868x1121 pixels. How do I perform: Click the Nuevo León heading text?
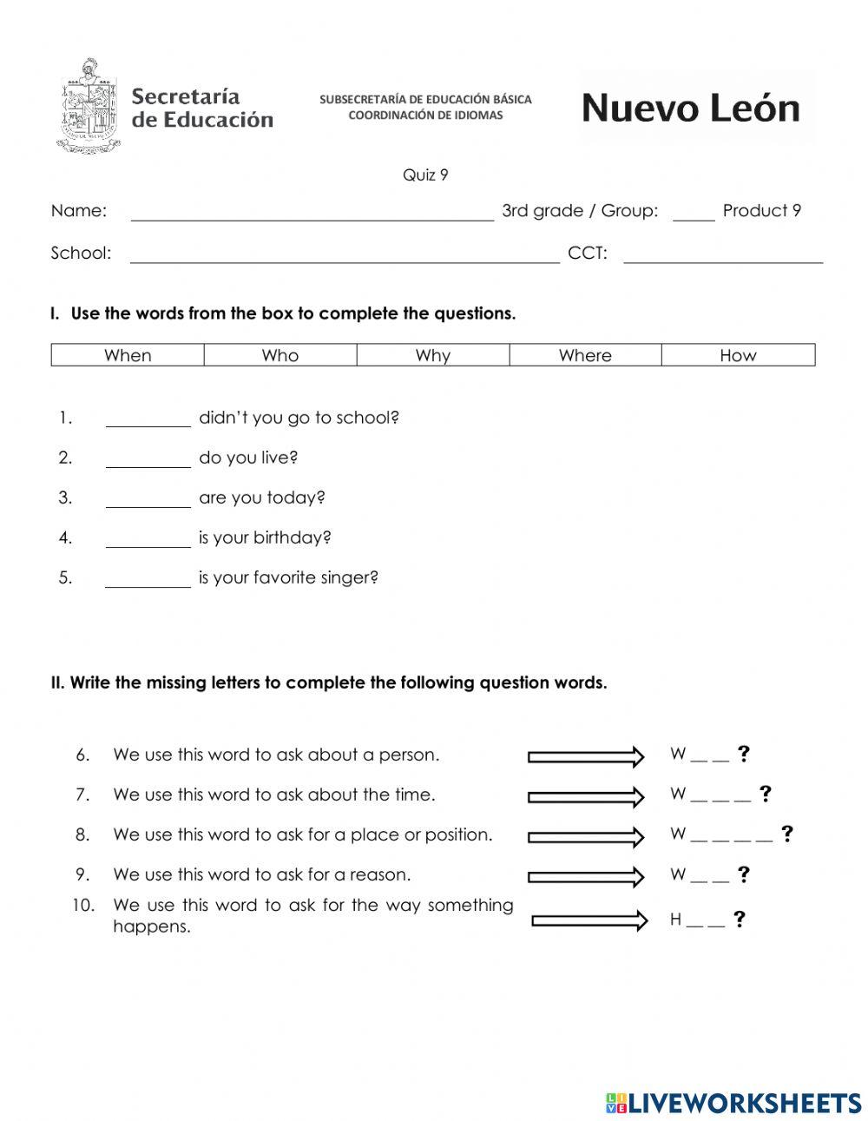[x=690, y=109]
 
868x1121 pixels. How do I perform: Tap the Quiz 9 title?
[x=425, y=175]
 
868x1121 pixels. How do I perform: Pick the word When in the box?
[x=128, y=355]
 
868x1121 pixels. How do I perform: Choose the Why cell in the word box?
[x=432, y=355]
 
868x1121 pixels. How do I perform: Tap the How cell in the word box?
[x=738, y=355]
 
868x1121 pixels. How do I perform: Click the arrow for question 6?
[x=586, y=756]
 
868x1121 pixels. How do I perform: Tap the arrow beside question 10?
[x=589, y=920]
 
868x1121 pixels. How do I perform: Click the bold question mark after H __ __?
[x=739, y=920]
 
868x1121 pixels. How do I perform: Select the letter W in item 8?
[x=678, y=834]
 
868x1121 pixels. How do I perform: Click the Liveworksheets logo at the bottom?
[x=733, y=1103]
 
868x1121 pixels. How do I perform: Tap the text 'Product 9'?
[x=761, y=211]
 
